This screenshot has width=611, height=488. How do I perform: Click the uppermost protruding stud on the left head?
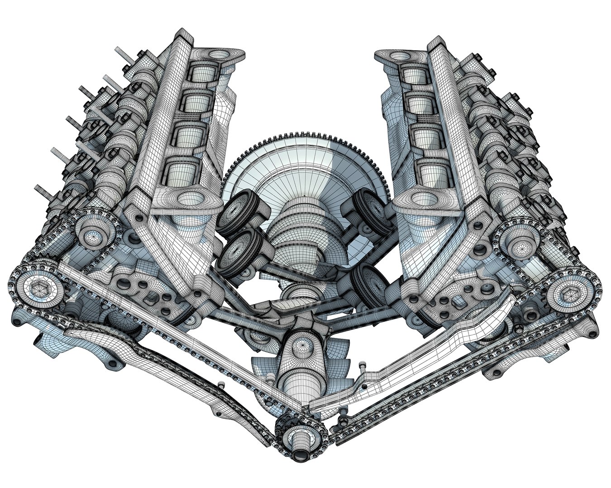click(x=121, y=52)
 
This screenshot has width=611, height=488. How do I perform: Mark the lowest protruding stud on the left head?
click(x=43, y=190)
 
